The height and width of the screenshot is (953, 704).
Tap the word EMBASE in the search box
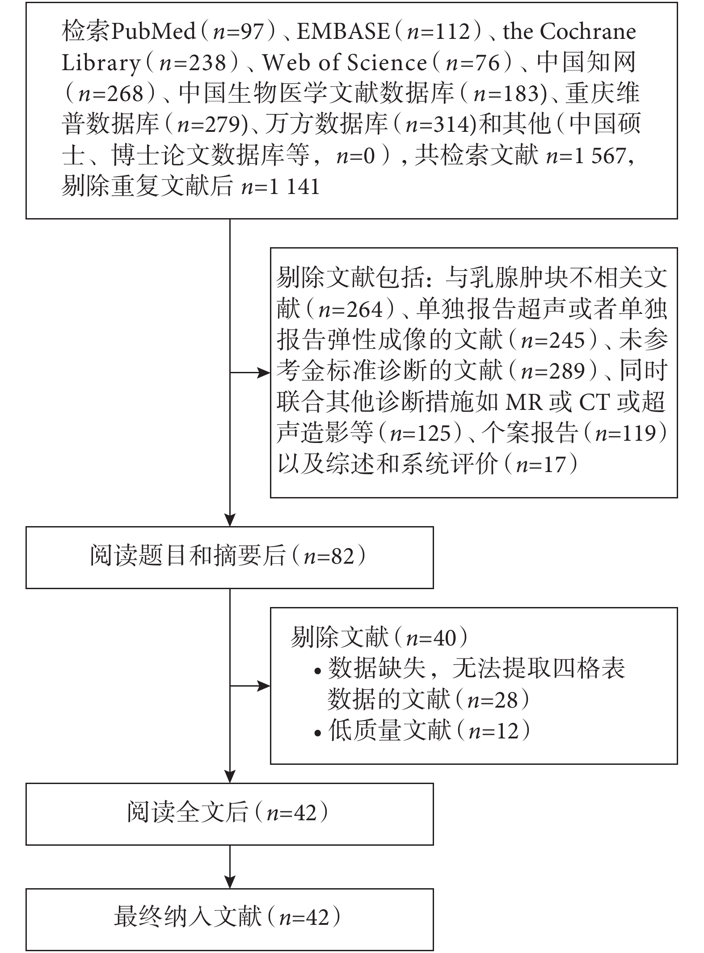coord(343,31)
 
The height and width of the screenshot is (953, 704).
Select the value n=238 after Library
coord(194,63)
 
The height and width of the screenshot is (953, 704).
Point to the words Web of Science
coord(345,63)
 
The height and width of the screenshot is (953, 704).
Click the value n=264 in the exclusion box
coord(351,310)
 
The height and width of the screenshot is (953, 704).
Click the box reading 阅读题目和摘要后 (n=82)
coord(230,557)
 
